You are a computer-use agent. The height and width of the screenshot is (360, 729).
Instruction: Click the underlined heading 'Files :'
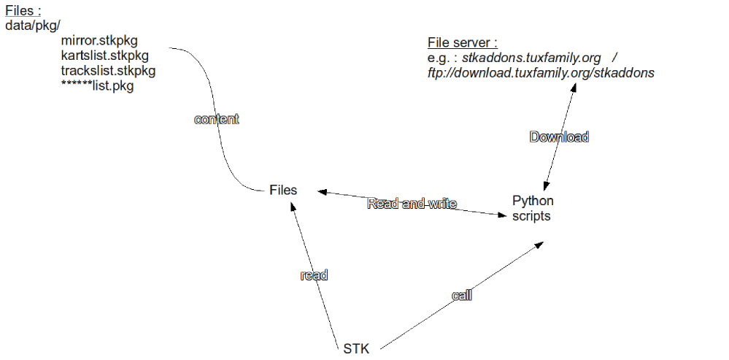click(23, 12)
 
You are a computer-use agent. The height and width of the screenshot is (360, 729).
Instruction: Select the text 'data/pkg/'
click(33, 25)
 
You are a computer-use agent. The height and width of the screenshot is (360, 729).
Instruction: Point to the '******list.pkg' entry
click(97, 86)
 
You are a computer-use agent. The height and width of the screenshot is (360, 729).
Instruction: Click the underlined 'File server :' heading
click(462, 42)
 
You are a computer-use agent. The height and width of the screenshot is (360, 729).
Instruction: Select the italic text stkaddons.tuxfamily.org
click(521, 58)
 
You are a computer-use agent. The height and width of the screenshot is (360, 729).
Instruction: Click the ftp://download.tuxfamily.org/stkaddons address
click(541, 73)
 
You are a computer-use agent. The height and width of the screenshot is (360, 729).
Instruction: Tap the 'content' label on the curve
click(216, 119)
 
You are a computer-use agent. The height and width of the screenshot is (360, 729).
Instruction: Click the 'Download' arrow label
click(559, 137)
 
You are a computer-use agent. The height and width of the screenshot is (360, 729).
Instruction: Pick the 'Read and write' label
click(412, 204)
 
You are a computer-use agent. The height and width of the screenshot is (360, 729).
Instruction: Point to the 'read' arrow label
click(314, 275)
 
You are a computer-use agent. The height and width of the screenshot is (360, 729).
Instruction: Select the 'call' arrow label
click(462, 295)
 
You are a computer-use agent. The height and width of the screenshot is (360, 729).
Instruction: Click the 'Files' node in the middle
click(283, 190)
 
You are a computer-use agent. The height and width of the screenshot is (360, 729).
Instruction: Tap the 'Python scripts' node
click(533, 208)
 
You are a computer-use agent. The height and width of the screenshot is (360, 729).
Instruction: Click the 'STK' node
click(356, 348)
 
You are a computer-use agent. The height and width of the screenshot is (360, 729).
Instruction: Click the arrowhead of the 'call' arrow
click(539, 245)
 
